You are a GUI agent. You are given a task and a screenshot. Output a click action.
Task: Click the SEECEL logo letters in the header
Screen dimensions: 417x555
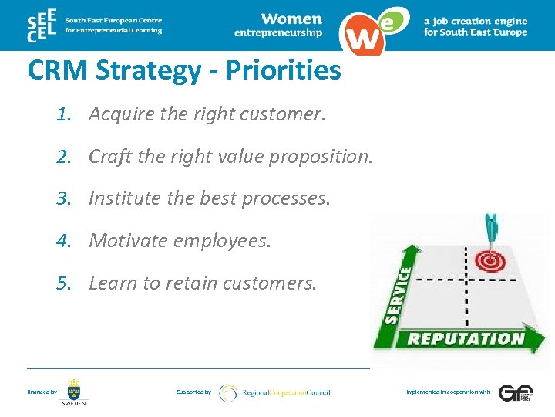point(41,26)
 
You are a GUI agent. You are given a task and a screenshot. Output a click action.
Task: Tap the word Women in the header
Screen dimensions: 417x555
point(291,19)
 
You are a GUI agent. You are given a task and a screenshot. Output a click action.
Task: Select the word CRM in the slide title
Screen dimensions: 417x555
point(59,70)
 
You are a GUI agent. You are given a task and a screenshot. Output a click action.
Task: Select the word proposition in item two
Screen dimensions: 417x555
point(325,157)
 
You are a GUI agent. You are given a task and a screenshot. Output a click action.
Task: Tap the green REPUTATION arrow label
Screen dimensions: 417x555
point(465,338)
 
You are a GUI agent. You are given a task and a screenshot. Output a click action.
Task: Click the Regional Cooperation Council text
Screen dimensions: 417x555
point(285,392)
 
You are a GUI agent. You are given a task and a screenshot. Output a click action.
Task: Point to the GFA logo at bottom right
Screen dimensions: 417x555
point(514,392)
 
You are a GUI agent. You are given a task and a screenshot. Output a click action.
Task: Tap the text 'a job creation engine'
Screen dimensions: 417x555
point(476,22)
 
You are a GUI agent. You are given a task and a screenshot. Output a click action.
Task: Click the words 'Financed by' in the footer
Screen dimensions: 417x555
point(42,392)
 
